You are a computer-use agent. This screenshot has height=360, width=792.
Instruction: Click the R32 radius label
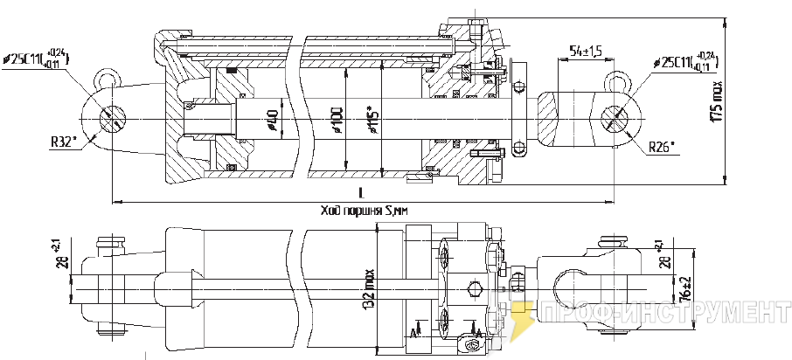[x=63, y=140]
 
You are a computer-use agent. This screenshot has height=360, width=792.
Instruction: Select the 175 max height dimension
[x=718, y=102]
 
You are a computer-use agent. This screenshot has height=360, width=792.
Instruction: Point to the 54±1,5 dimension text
[x=585, y=52]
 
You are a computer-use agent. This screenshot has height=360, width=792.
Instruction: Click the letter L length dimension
[x=361, y=192]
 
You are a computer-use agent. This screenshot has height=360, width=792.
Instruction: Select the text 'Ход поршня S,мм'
[x=361, y=211]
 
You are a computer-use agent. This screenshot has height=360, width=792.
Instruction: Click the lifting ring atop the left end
[x=108, y=79]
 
